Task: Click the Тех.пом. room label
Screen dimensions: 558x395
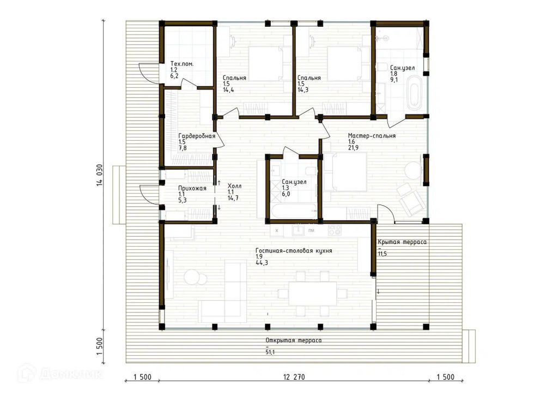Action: pos(182,64)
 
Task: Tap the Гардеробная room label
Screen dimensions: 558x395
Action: pos(197,136)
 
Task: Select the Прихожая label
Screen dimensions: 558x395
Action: pos(192,188)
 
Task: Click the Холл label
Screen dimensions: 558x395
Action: pos(234,186)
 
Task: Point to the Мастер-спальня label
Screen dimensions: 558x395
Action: pos(372,135)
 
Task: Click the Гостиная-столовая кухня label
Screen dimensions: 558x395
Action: pos(294,250)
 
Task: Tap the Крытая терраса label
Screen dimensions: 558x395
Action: pos(402,242)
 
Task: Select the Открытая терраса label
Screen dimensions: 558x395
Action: pos(294,340)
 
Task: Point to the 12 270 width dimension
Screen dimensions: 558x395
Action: pos(294,377)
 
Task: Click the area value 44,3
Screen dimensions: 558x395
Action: pos(261,263)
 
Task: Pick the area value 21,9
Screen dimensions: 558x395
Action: pos(354,147)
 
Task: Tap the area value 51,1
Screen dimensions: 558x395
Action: pos(270,352)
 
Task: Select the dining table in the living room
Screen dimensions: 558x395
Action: pos(312,293)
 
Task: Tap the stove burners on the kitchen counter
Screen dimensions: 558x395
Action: pos(334,230)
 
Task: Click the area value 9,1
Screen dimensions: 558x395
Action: pos(393,80)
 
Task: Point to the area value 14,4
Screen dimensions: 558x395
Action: pos(228,90)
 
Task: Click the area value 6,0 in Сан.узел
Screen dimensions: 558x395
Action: pos(286,194)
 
